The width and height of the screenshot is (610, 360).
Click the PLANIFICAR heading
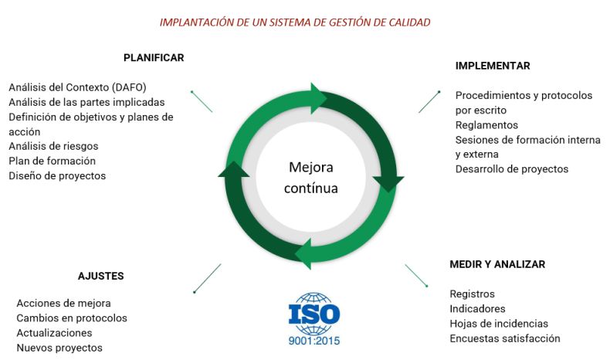[x=154, y=58]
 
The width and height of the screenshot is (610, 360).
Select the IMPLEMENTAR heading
[x=493, y=66]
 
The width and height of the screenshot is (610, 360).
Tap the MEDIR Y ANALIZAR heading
[x=497, y=264]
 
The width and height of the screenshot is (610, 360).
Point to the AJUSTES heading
[x=100, y=276]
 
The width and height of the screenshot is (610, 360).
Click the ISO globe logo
[x=314, y=314]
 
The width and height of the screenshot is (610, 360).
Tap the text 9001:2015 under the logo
[x=314, y=341]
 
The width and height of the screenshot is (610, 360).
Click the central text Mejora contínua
[x=311, y=178]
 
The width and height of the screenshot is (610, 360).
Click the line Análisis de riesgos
[x=53, y=146]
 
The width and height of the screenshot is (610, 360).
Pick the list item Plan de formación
[x=53, y=161]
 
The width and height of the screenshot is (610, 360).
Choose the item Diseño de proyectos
[x=57, y=176]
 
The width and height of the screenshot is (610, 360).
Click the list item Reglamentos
[x=486, y=125]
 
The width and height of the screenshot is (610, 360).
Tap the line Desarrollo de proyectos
[x=512, y=169]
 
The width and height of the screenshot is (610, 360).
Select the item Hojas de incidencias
[x=499, y=324]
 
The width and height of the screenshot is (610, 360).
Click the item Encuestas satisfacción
[x=505, y=338]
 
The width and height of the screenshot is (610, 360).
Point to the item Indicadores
[x=477, y=309]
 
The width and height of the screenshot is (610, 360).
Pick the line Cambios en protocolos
[x=72, y=318]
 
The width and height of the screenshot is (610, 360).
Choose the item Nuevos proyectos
[x=59, y=348]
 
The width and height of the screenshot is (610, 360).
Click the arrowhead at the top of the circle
[x=319, y=98]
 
